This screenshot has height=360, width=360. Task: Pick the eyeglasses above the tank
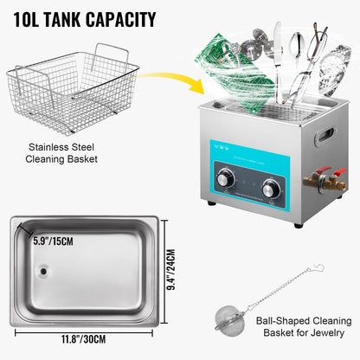tap(307, 65)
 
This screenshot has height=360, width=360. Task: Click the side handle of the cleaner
tap(326, 135)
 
